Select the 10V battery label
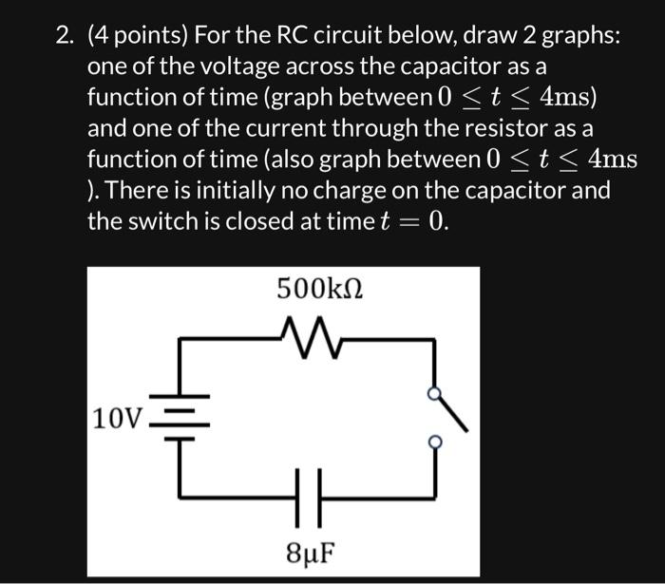click(116, 419)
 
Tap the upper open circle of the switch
click(434, 394)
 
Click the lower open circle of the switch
click(434, 442)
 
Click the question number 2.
click(63, 37)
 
